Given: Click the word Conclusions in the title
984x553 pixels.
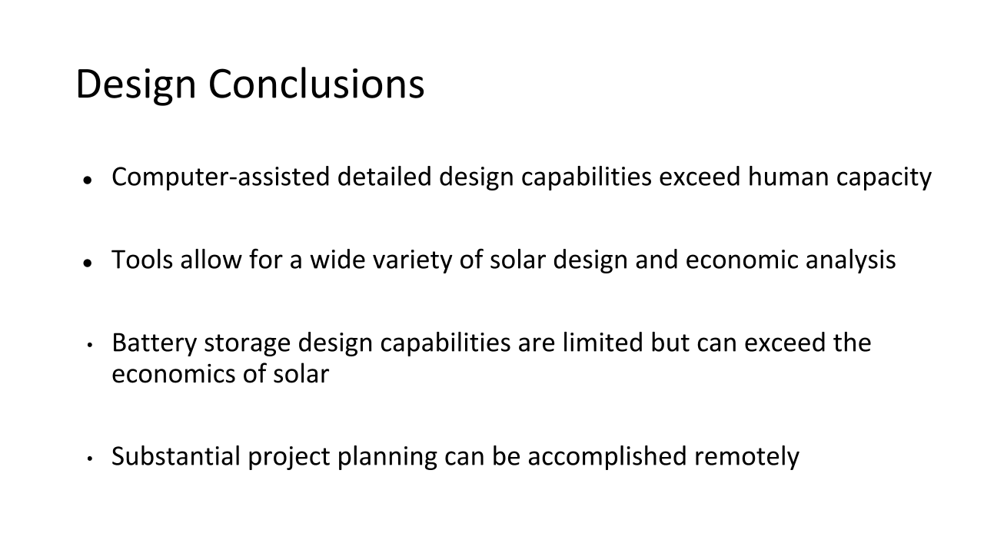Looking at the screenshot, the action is click(316, 84).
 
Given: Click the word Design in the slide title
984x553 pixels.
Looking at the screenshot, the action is click(136, 85).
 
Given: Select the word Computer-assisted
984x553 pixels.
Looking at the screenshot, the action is click(221, 177).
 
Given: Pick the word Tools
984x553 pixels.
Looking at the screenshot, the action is click(142, 260).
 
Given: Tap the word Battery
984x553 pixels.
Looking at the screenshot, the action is click(155, 343).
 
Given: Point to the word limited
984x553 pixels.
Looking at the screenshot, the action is click(603, 343).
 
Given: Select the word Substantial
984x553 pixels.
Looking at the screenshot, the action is click(176, 456).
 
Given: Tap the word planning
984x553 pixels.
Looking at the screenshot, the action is click(387, 457).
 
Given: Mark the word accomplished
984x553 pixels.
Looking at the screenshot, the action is click(607, 457).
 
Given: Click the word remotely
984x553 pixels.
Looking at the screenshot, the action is click(746, 457).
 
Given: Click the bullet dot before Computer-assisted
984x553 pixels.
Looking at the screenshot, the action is click(88, 180).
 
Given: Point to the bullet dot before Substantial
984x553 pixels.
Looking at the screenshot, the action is click(90, 459).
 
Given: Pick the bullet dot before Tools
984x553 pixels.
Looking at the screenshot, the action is click(88, 263).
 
